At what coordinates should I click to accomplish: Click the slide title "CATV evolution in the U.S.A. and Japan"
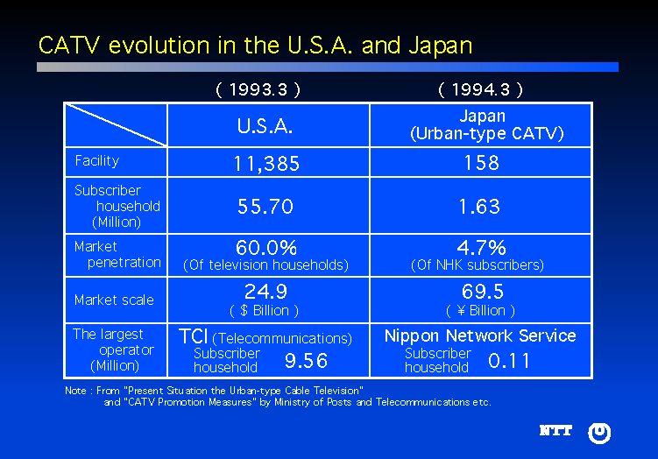click(255, 46)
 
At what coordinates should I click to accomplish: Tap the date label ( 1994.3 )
click(481, 89)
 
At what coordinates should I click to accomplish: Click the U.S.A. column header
click(265, 126)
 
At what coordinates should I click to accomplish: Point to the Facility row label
click(96, 161)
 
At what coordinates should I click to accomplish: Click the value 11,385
click(266, 164)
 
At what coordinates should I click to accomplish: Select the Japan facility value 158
click(482, 163)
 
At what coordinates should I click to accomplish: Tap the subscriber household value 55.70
click(265, 207)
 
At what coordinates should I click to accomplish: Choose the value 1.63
click(481, 207)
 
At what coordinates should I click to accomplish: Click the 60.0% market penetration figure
click(266, 248)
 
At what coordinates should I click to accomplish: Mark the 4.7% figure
click(481, 248)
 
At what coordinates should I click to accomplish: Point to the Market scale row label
click(114, 300)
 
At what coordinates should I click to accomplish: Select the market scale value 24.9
click(265, 292)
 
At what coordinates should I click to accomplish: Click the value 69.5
click(482, 292)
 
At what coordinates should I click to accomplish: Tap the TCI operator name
click(193, 337)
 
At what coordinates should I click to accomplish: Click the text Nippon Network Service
click(480, 336)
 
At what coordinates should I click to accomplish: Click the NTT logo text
click(555, 431)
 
